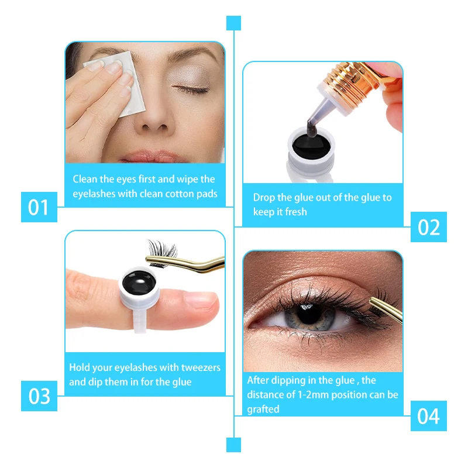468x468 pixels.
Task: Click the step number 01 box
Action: click(x=39, y=207)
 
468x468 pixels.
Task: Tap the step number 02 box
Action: click(x=429, y=227)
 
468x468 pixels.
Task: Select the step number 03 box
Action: click(x=39, y=396)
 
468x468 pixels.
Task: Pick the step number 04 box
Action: click(x=429, y=416)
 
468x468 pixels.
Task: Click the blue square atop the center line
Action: click(x=233, y=23)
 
